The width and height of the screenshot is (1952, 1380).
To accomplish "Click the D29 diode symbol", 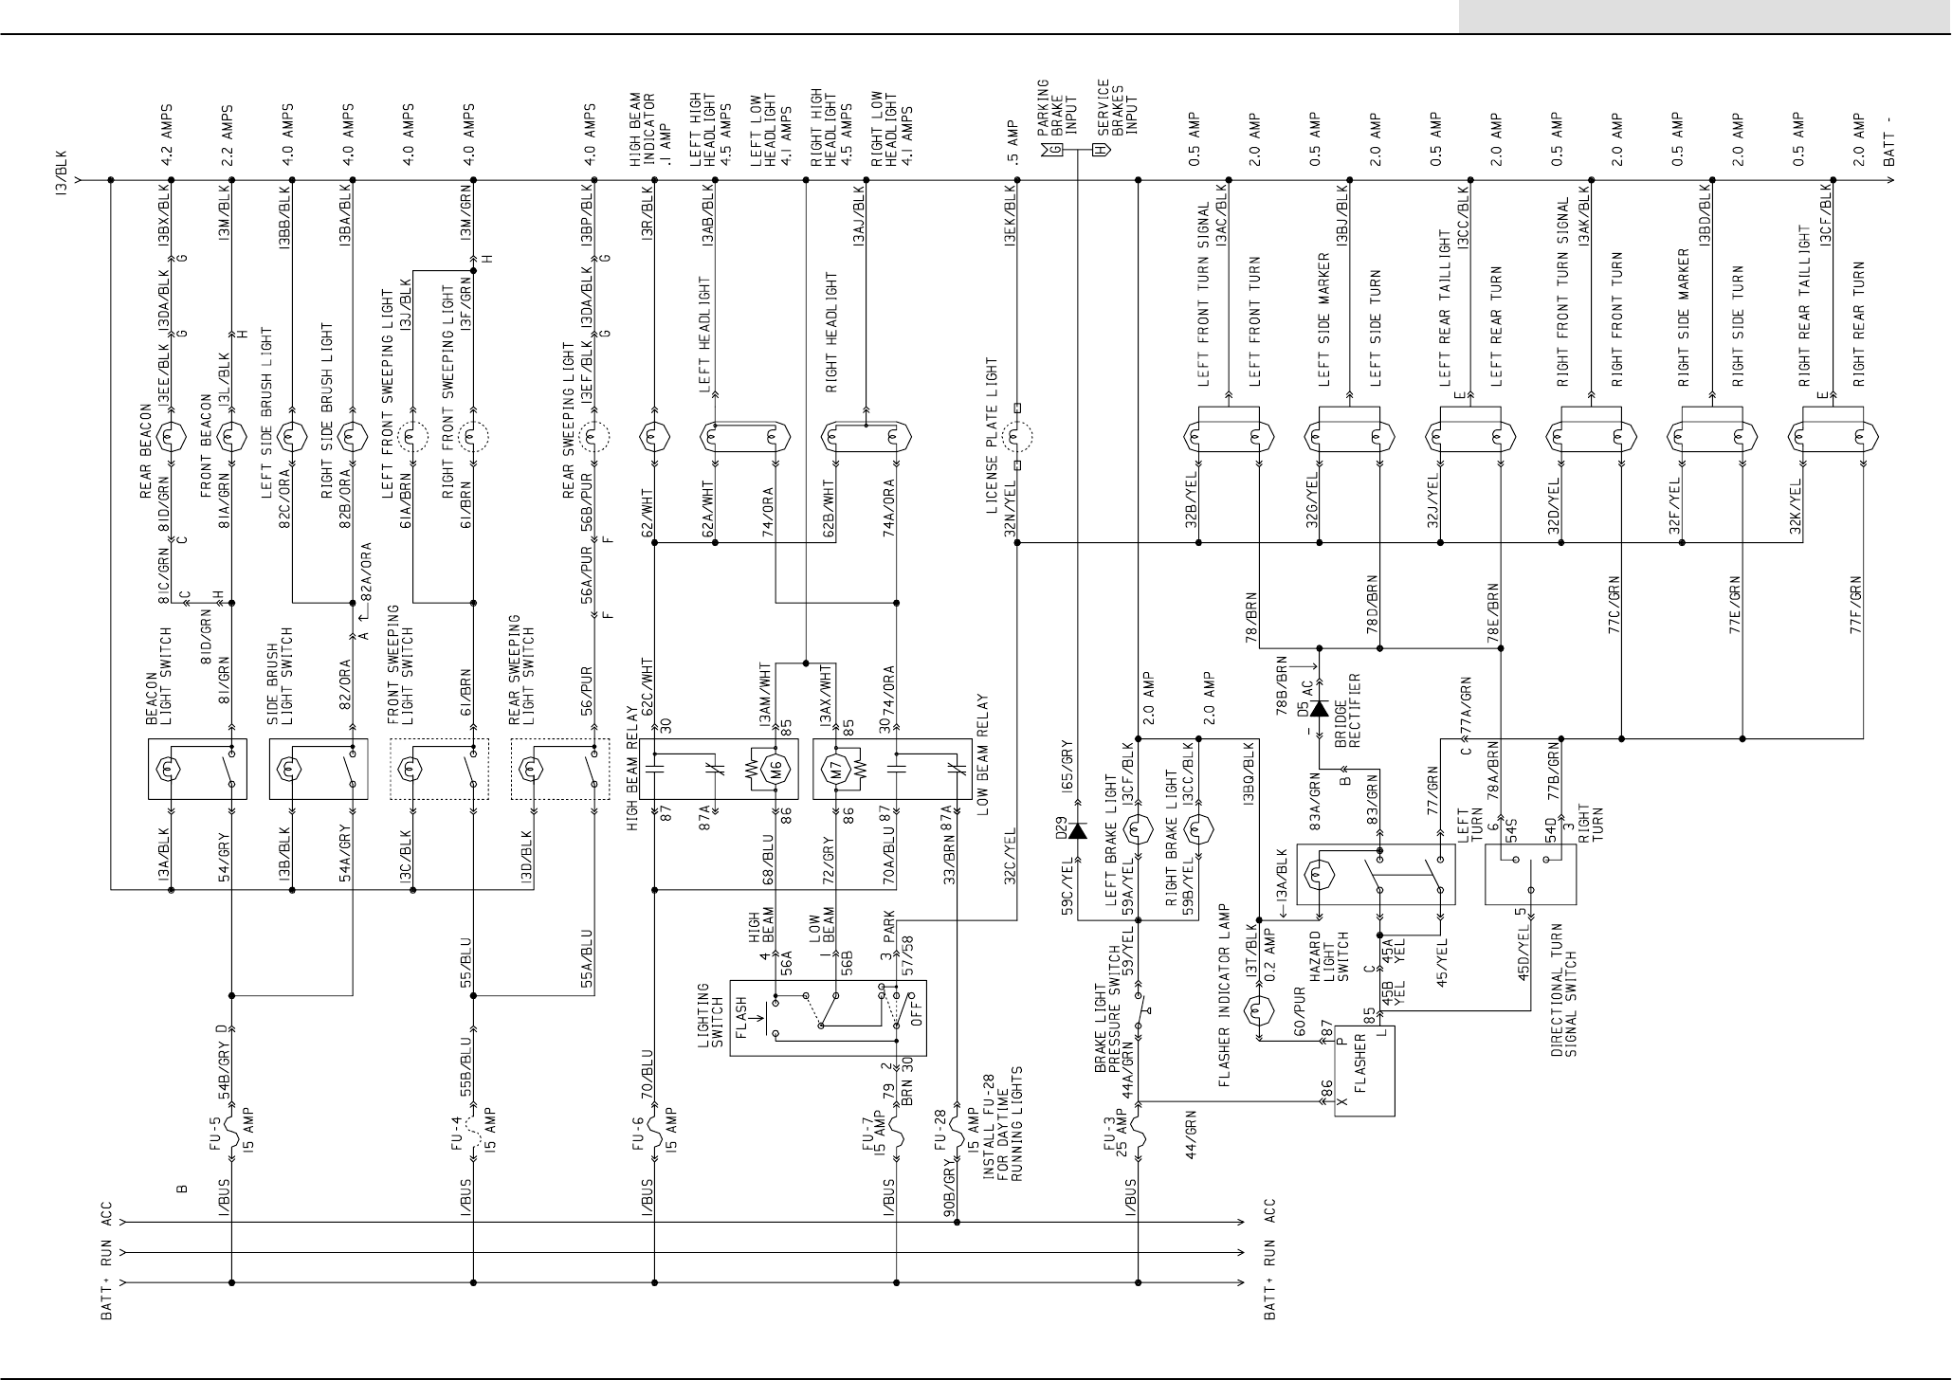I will coord(1077,830).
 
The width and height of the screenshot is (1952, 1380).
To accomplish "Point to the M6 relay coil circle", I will coord(776,769).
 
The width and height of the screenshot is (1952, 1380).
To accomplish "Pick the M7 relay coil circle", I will coord(836,769).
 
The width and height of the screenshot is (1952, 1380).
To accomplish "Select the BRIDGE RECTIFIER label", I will coord(1347,711).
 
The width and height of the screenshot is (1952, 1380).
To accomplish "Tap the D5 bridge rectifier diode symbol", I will coord(1318,710).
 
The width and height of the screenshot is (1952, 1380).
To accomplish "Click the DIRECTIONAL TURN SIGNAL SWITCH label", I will coord(1564,991).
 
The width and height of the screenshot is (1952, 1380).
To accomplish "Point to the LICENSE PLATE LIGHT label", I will coord(992,435).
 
